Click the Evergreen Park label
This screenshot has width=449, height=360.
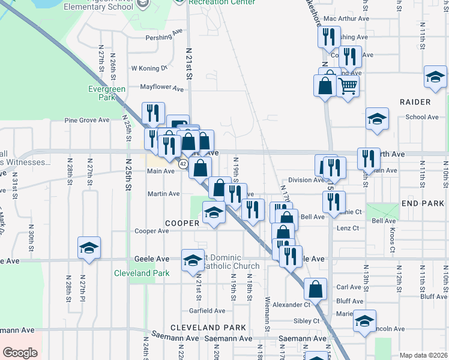coord(107,93)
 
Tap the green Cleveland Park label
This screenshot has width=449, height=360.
coord(142,273)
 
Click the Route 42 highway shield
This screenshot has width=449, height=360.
coord(183,163)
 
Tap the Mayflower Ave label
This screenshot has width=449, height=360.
coord(162,88)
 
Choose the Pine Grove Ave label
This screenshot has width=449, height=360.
coord(87,120)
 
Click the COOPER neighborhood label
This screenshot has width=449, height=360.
coord(182,223)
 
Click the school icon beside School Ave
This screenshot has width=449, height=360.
coord(378,118)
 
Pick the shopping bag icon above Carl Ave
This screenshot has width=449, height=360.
coord(315,289)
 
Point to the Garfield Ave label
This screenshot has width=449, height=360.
coord(207,311)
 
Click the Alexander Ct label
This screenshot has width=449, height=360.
coord(291,305)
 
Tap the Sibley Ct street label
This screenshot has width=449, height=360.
coord(308,321)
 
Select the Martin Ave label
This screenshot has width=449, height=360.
coord(164,194)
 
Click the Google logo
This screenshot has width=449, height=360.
coord(20,353)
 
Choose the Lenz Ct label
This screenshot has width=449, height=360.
coord(348,228)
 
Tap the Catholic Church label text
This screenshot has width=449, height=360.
coord(231,266)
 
